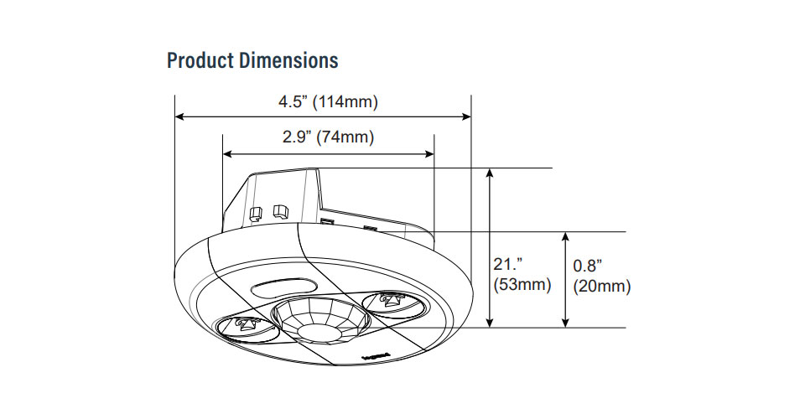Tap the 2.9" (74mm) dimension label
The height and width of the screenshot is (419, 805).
click(328, 137)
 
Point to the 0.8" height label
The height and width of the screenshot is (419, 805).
click(588, 266)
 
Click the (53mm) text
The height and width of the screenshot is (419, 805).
click(522, 286)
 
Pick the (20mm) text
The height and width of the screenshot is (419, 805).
click(601, 287)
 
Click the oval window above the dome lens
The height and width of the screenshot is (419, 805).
click(279, 288)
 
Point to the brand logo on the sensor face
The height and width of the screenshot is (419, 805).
click(373, 355)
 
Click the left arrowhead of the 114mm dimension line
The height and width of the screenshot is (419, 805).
click(179, 118)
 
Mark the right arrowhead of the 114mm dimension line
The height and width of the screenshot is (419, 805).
click(466, 118)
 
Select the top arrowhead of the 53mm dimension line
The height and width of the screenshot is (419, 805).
click(491, 173)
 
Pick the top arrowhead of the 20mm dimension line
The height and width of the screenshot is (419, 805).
click(568, 237)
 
